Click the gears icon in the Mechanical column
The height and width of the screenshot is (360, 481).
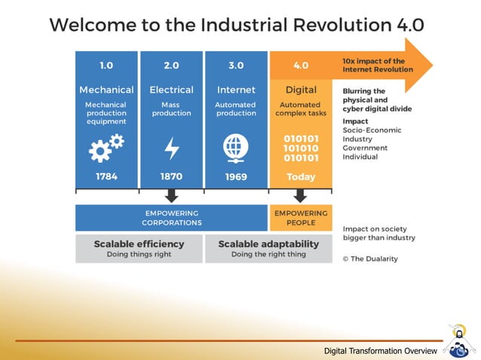coord(106,148)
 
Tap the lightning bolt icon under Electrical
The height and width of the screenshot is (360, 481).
coord(171,148)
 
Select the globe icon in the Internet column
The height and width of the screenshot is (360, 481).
coord(235,148)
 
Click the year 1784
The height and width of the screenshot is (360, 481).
coord(106,176)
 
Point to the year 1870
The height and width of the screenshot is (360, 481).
coord(171,176)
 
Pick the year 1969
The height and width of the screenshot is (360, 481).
coord(236,176)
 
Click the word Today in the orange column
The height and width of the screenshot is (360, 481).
coord(301,177)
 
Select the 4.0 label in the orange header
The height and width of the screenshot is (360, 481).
coord(301,66)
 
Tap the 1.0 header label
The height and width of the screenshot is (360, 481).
coord(106,66)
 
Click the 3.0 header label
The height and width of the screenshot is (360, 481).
coord(236,66)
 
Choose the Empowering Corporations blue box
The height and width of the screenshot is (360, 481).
coord(172,218)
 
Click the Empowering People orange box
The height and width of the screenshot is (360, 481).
coord(301,218)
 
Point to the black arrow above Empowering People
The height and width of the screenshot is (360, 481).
coord(301,196)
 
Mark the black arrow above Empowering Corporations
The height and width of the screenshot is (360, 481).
coord(172,196)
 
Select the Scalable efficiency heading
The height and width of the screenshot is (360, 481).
coord(139,244)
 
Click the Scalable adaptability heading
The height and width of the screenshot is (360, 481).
coord(268,244)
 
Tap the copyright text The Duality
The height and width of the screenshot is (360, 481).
coord(370,258)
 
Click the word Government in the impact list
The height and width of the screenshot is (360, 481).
coord(365,148)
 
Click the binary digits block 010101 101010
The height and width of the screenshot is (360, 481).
coord(301,148)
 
